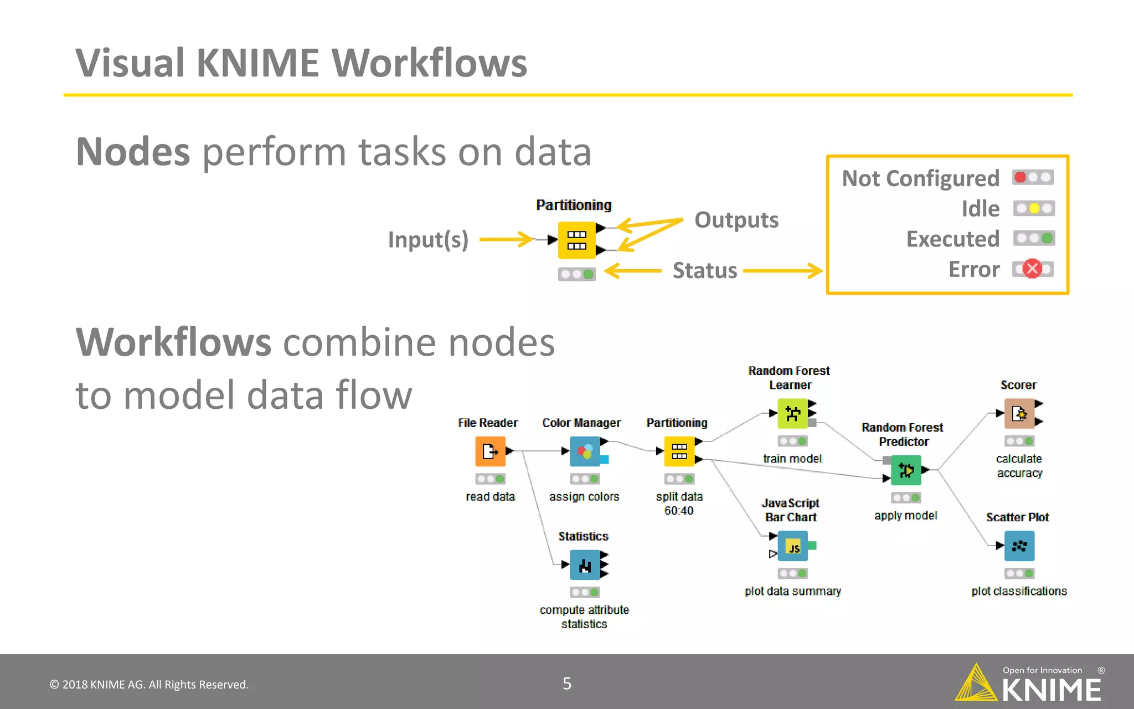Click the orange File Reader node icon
tap(490, 451)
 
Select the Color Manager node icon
tap(585, 451)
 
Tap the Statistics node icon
tap(585, 565)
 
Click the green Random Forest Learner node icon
tap(792, 413)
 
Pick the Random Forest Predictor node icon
tap(906, 470)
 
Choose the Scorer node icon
tap(1019, 413)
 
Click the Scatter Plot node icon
tap(1019, 546)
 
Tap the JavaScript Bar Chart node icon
tap(792, 546)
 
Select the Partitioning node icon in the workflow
tap(679, 451)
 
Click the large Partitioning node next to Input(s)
tap(576, 240)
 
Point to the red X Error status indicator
tap(1032, 269)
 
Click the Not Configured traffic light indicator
tap(1033, 178)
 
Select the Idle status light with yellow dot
tap(1034, 209)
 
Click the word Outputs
tap(736, 220)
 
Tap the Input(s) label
tap(428, 240)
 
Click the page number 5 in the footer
tap(567, 684)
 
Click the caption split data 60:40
tap(679, 504)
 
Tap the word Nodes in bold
tap(133, 152)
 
